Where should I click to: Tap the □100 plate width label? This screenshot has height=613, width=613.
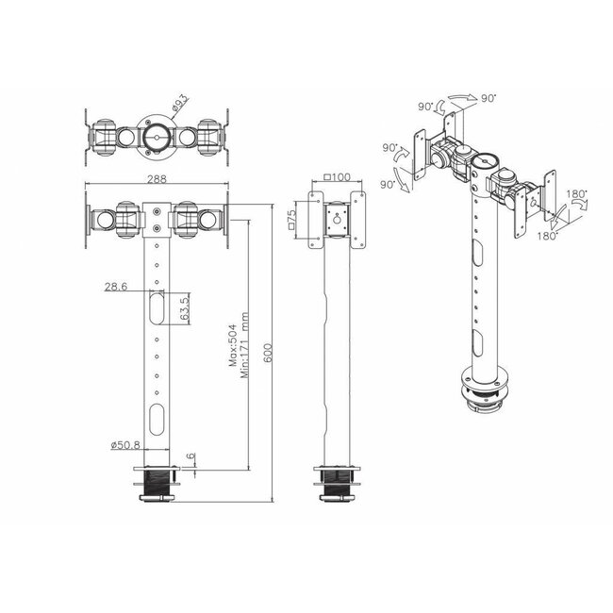336,177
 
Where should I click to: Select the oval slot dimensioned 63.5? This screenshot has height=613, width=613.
157,308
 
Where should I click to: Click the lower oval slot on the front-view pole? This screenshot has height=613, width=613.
157,414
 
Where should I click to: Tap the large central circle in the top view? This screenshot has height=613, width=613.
157,135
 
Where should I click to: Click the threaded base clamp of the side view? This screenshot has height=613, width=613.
335,486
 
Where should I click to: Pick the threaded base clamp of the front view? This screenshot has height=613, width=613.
157,486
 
